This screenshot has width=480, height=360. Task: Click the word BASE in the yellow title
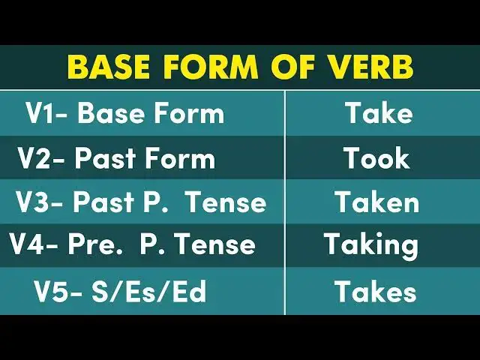(112, 67)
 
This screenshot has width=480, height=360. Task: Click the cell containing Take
(379, 113)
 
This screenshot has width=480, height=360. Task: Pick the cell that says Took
(376, 158)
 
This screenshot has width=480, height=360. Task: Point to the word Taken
(376, 202)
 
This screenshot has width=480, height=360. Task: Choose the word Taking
(371, 245)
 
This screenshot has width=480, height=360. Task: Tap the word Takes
(375, 291)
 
